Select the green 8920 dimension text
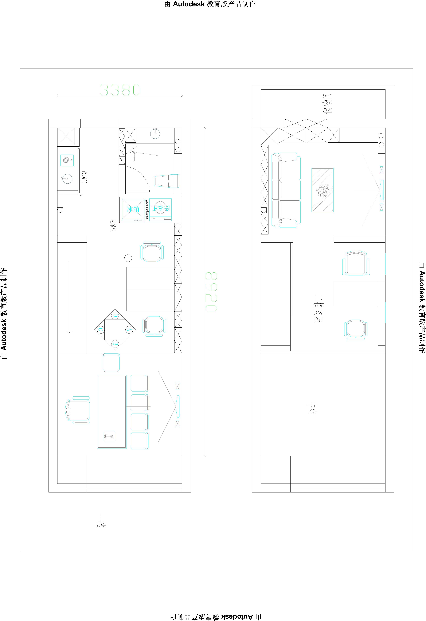pos(211,292)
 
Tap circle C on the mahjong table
pos(101,330)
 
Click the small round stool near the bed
pos(128,258)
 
